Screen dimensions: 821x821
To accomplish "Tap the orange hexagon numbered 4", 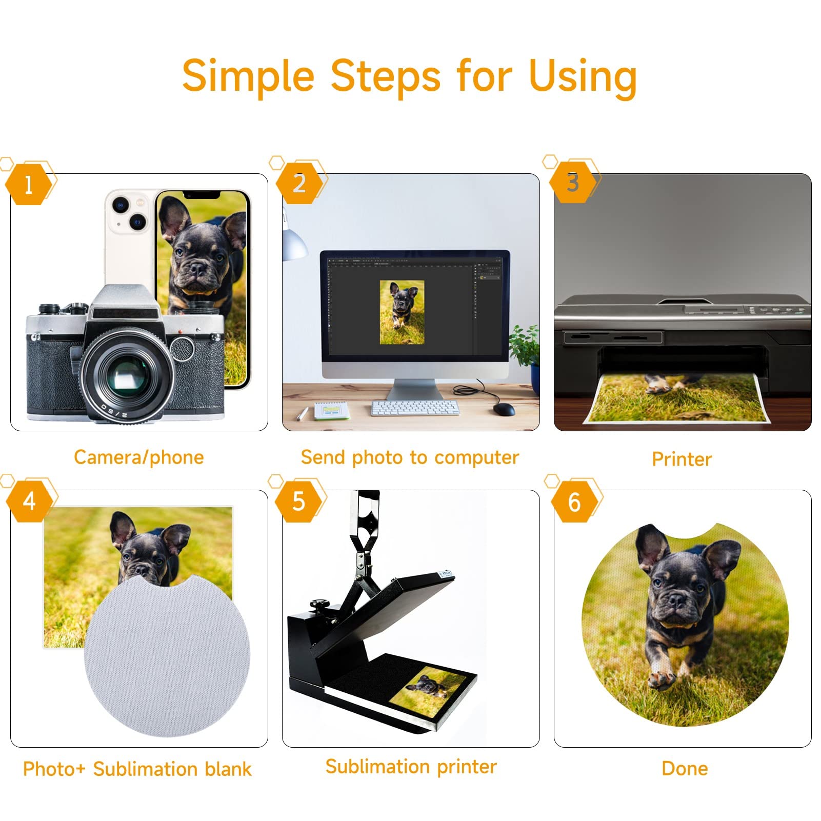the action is point(30,501).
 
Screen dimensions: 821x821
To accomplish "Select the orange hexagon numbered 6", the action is point(574,502).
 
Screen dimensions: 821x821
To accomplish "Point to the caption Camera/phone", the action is point(139,457).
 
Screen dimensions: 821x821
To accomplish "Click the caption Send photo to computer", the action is point(410,457).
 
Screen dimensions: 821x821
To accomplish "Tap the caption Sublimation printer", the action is point(411,767).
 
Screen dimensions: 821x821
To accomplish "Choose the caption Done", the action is point(685,768).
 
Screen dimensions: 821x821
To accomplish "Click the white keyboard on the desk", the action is point(415,408).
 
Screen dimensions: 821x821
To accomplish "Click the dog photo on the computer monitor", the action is point(402,312).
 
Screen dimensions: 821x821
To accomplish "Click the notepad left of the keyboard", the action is point(329,410).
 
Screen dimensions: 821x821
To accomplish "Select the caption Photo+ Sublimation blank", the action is point(137,769).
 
